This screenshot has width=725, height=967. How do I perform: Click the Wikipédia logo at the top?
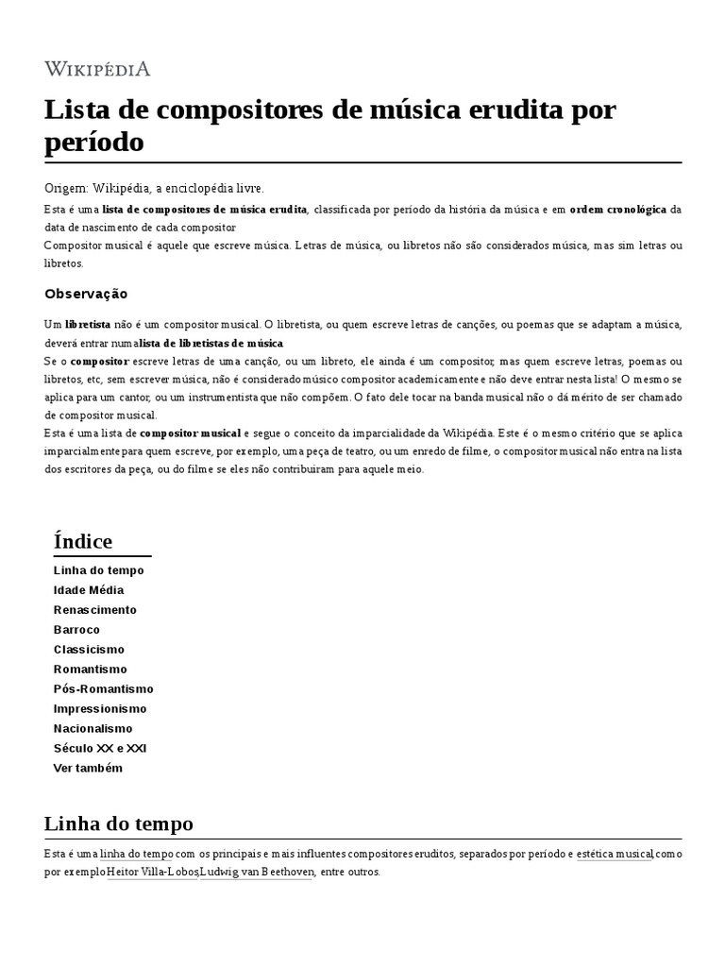97,69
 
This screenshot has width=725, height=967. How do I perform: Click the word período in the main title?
94,142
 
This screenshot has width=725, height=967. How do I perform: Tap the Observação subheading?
86,294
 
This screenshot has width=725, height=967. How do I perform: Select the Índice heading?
83,541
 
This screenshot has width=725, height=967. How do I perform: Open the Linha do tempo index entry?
99,570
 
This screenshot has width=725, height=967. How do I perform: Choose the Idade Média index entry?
89,590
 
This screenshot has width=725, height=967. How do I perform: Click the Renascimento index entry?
95,610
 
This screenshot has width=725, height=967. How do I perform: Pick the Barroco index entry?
76,630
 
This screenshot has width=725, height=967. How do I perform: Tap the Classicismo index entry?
89,650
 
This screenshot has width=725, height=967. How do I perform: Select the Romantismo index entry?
89,669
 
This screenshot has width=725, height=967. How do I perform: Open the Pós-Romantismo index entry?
103,688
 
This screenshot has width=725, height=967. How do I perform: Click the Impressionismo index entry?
100,708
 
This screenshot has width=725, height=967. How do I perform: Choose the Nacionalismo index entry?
93,728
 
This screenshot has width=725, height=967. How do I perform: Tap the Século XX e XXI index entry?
100,748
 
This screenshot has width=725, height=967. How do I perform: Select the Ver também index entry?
88,768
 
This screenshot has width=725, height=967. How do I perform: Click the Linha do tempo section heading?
118,823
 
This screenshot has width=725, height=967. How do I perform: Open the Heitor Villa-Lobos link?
152,872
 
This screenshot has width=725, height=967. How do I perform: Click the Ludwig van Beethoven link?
257,872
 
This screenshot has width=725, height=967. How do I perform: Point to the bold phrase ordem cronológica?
617,209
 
